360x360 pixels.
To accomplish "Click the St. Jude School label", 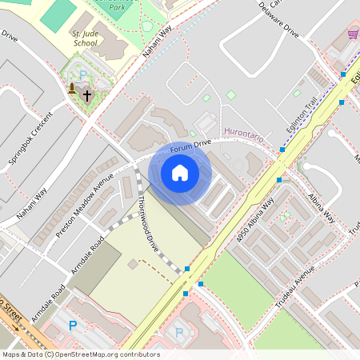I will (x=85, y=39).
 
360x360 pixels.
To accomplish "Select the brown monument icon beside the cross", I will (x=73, y=88).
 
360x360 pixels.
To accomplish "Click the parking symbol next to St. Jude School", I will (x=82, y=75).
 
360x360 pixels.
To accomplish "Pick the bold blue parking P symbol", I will (x=73, y=326).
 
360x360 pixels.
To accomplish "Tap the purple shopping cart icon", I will (x=353, y=34).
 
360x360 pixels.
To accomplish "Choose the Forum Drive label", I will (x=190, y=145).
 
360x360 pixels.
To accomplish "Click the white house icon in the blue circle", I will (x=180, y=173).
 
